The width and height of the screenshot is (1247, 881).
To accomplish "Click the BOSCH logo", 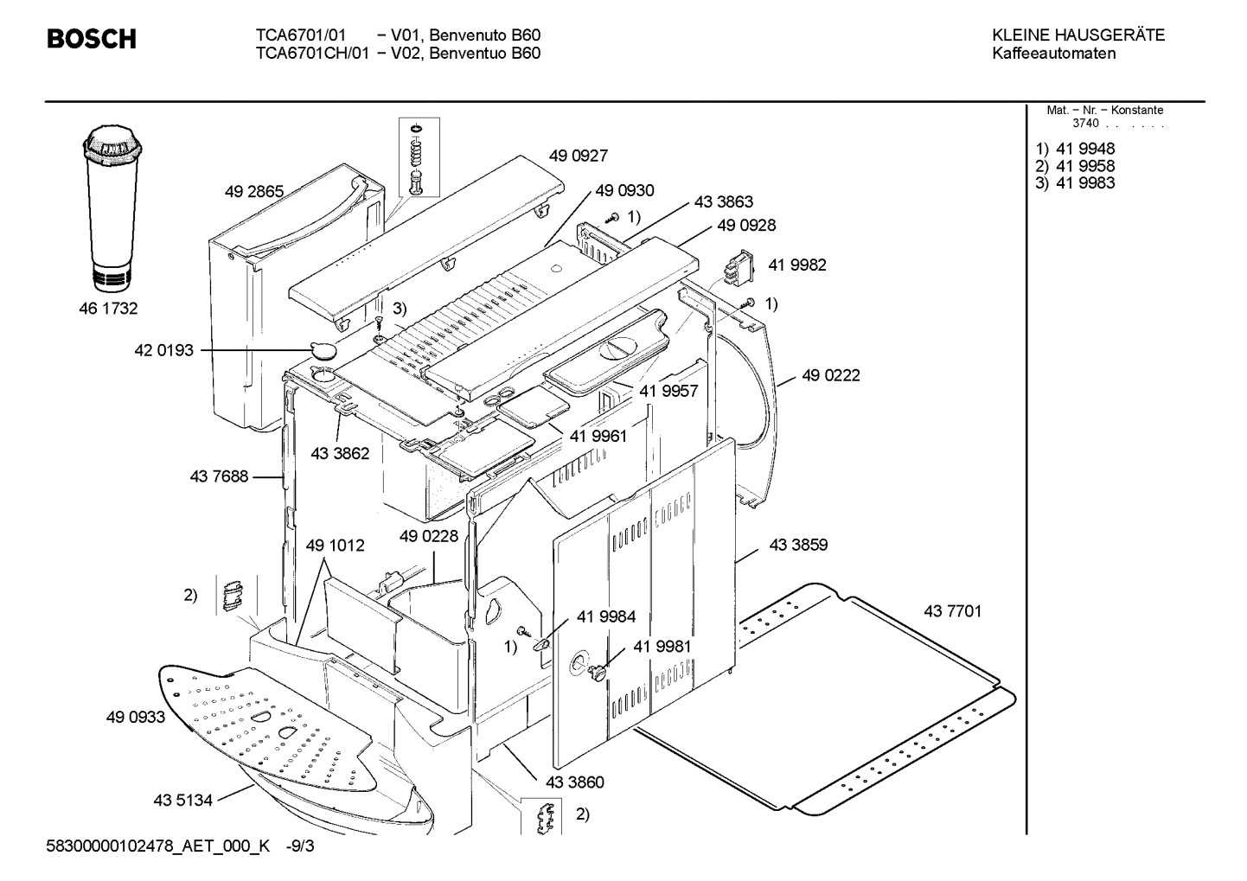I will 91,40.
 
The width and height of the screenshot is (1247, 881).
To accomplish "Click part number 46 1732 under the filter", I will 109,309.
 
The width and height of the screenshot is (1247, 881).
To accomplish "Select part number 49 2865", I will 253,192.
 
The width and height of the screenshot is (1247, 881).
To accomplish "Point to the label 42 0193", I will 164,351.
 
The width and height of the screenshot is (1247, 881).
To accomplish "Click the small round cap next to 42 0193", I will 324,349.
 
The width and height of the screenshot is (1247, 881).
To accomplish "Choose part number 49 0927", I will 578,156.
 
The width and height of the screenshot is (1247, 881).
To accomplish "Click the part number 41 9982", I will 796,265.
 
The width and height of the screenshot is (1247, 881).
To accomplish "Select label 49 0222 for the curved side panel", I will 830,375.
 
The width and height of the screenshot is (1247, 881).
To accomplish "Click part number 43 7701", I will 952,612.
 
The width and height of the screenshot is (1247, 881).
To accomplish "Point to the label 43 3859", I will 797,545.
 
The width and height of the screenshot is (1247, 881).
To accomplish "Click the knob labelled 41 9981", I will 596,673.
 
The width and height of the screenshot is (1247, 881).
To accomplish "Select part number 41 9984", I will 605,616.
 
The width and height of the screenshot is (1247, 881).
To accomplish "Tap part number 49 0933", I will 136,717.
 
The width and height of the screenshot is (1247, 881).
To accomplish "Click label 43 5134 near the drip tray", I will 182,801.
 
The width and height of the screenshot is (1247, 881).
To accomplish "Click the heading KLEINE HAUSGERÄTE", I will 1078,35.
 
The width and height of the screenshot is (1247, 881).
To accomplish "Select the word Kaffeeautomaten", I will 1053,54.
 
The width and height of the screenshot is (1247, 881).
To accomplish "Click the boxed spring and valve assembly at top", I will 417,158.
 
